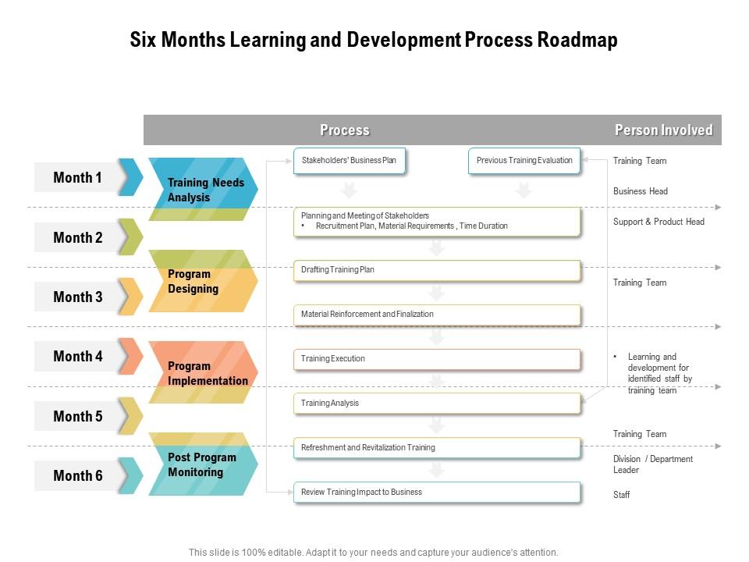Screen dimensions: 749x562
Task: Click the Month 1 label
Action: tap(77, 177)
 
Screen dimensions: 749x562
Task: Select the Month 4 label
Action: tap(78, 356)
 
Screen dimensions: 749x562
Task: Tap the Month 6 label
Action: tap(78, 475)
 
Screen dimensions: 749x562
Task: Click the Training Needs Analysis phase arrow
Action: tap(203, 189)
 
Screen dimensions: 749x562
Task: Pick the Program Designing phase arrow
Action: tap(203, 281)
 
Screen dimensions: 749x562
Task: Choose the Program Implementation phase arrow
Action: tap(203, 372)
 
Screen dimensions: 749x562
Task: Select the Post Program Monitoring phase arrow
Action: tap(203, 464)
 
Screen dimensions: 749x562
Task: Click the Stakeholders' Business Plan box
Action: tap(350, 161)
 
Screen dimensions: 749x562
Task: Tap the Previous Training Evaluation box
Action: tap(524, 161)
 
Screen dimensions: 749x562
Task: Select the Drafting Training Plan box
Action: tap(437, 271)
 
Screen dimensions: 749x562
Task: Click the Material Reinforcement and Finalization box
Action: tap(437, 315)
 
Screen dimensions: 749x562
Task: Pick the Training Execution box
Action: tap(437, 359)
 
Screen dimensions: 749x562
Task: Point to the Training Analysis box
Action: tap(437, 404)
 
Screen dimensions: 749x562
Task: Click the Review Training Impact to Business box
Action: tap(437, 493)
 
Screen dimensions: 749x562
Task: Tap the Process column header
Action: tap(344, 130)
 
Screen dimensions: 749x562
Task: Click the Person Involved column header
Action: tap(663, 130)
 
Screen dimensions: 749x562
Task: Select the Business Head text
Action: tap(640, 191)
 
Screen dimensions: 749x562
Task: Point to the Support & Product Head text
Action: tap(658, 222)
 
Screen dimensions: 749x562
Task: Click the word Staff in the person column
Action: tap(622, 495)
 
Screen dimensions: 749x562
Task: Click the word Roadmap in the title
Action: tap(577, 40)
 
